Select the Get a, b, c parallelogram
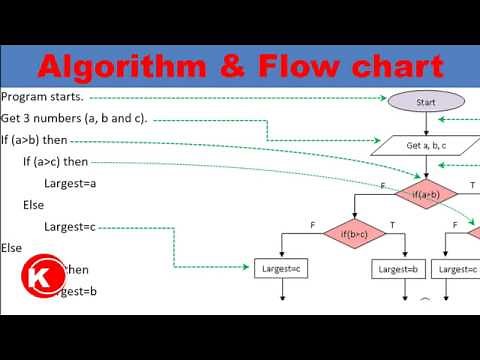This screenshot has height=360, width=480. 427,145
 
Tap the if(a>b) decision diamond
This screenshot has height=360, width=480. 427,192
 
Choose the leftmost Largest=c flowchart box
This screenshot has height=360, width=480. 283,269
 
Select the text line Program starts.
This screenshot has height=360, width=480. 43,98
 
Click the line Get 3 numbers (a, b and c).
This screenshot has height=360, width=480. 75,119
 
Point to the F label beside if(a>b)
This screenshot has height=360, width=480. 383,185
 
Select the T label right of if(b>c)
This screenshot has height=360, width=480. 391,227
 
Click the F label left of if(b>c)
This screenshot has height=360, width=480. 313,227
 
